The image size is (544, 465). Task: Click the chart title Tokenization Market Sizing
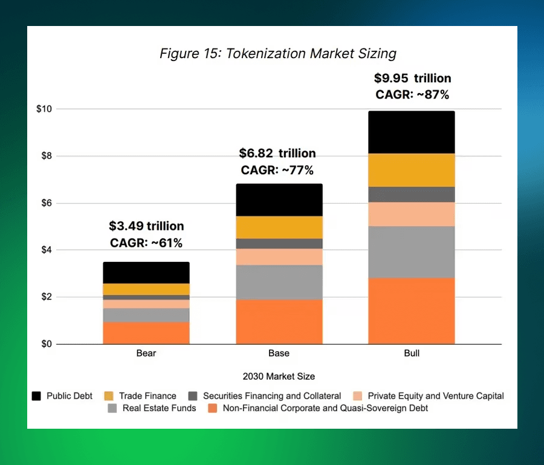277,53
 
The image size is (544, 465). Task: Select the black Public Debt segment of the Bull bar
411,132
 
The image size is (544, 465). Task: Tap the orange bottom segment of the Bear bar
146,333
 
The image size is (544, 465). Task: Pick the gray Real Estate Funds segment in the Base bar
279,282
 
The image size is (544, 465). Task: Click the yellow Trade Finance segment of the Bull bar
411,170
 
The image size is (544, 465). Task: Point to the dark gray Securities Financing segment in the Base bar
279,244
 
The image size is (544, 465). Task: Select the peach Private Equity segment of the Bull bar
411,214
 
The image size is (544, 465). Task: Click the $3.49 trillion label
146,226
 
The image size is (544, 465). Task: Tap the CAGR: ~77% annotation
277,170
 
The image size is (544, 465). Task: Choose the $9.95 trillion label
412,78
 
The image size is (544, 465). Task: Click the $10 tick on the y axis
44,109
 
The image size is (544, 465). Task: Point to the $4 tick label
46,250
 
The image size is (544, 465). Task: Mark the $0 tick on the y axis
46,344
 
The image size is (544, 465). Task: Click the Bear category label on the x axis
146,353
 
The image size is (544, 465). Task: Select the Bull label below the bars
412,353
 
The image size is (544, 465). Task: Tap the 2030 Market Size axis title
279,376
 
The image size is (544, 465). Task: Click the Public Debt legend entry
62,396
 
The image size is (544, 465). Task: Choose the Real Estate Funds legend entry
151,408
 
